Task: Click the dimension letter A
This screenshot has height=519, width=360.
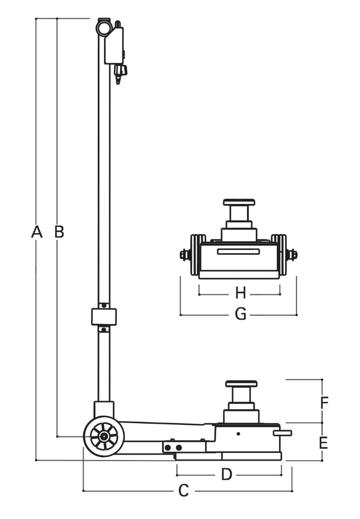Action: click(37, 232)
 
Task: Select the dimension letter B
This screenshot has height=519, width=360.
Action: click(59, 232)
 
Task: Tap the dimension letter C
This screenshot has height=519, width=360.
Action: click(184, 491)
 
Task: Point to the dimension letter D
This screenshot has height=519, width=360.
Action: click(227, 474)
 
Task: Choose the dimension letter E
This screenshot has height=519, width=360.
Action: click(323, 443)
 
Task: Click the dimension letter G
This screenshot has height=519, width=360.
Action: click(241, 315)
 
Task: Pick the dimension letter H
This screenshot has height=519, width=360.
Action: click(241, 294)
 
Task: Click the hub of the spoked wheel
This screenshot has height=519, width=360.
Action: click(104, 436)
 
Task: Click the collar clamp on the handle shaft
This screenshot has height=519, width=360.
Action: click(104, 316)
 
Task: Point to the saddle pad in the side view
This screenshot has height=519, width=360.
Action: click(241, 384)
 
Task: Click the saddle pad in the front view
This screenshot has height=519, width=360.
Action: click(239, 202)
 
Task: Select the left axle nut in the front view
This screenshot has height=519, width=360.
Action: click(184, 255)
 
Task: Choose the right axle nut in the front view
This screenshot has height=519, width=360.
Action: click(293, 255)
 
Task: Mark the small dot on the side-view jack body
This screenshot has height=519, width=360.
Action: click(238, 433)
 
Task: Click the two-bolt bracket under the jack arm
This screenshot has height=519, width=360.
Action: click(173, 447)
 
